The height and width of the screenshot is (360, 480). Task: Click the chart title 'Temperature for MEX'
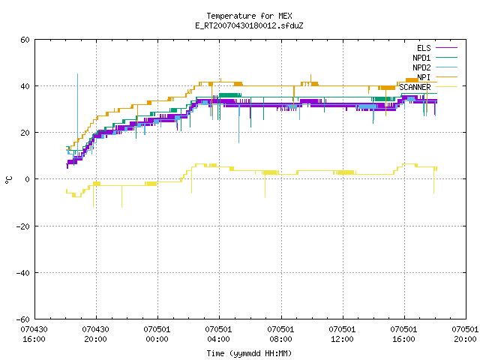(249, 16)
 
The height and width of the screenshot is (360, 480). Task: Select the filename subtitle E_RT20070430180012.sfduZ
(249, 25)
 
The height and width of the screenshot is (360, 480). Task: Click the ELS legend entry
(436, 48)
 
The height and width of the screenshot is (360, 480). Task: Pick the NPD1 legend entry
(435, 58)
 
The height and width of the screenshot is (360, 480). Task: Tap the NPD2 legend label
(421, 67)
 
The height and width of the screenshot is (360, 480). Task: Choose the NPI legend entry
(437, 77)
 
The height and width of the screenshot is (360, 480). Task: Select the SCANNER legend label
(415, 87)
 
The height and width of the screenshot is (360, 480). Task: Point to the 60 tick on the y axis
(25, 40)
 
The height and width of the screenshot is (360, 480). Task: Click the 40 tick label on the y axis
(25, 86)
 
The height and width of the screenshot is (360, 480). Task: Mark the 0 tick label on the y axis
(28, 179)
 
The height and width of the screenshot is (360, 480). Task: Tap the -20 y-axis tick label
(23, 226)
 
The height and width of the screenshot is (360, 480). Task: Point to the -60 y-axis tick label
(23, 319)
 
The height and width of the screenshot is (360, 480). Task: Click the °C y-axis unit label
(8, 180)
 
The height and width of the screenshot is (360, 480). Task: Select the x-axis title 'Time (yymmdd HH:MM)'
(249, 353)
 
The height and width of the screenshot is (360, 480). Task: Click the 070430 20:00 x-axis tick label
(95, 334)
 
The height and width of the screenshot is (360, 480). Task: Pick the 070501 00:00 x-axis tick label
(157, 334)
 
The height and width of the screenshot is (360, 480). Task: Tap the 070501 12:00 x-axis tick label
(342, 334)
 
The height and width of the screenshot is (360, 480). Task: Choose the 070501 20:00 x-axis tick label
(465, 334)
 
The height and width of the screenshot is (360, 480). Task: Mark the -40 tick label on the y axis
(23, 273)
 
